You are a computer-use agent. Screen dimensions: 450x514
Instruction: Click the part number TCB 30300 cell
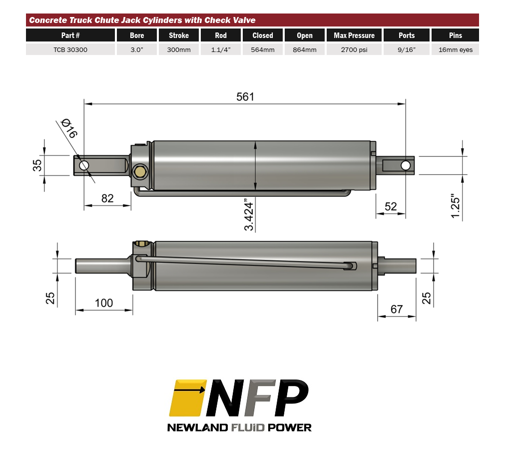[70, 50]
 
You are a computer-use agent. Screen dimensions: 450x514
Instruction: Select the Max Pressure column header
[354, 35]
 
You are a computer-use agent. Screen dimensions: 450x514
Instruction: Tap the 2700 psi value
[354, 50]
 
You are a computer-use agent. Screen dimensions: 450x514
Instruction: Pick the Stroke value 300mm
[179, 50]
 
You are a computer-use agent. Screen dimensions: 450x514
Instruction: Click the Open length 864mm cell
[305, 50]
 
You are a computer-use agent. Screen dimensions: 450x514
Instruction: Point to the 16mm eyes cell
[455, 50]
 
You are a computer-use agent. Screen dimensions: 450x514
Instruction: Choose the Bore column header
[137, 35]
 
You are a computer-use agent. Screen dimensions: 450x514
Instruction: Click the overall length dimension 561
[245, 96]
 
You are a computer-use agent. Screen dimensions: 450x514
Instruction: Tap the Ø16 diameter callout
[69, 128]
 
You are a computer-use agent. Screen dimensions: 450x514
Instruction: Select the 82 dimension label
[107, 198]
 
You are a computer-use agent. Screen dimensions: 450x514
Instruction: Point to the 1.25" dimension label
[455, 205]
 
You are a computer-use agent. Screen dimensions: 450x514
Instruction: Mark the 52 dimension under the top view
[391, 206]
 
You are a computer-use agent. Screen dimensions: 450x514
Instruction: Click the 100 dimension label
[104, 303]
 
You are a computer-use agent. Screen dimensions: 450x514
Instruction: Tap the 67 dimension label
[397, 309]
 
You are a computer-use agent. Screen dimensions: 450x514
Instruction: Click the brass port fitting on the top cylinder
[139, 172]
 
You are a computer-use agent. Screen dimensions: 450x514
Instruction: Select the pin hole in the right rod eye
[405, 165]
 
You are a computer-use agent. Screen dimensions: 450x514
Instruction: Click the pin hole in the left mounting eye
[84, 165]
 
